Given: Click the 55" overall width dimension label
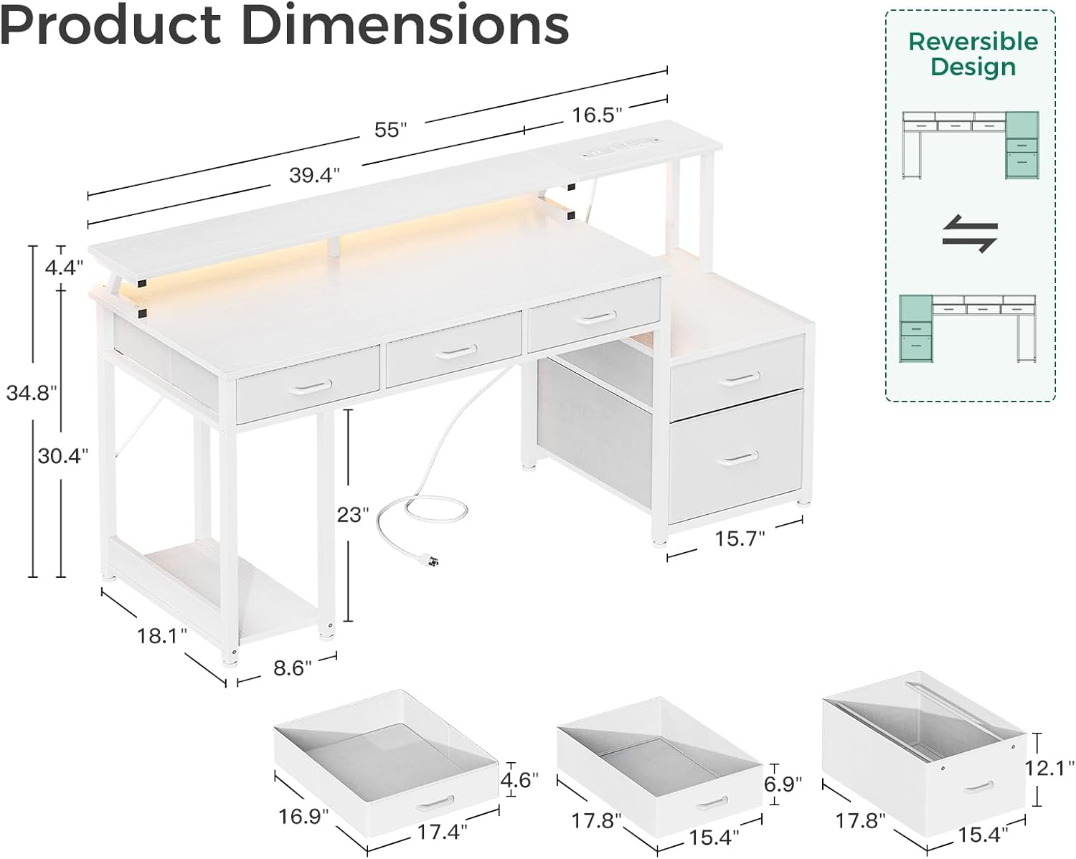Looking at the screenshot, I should [390, 130].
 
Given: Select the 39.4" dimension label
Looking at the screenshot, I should [314, 176].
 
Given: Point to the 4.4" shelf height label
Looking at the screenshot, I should [64, 267].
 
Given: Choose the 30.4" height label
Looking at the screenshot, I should [63, 455].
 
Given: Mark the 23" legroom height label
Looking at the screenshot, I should [352, 514].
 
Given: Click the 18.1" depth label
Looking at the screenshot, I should [162, 635].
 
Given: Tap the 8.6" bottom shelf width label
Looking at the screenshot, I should [293, 668].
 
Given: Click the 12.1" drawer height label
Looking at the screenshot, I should [1049, 769].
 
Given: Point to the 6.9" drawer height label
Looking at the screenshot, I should [783, 784].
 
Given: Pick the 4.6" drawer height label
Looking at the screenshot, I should [519, 779].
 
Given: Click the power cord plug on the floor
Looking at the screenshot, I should [431, 563].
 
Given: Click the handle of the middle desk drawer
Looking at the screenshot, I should [454, 351].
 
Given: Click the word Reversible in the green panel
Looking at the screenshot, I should [973, 42].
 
